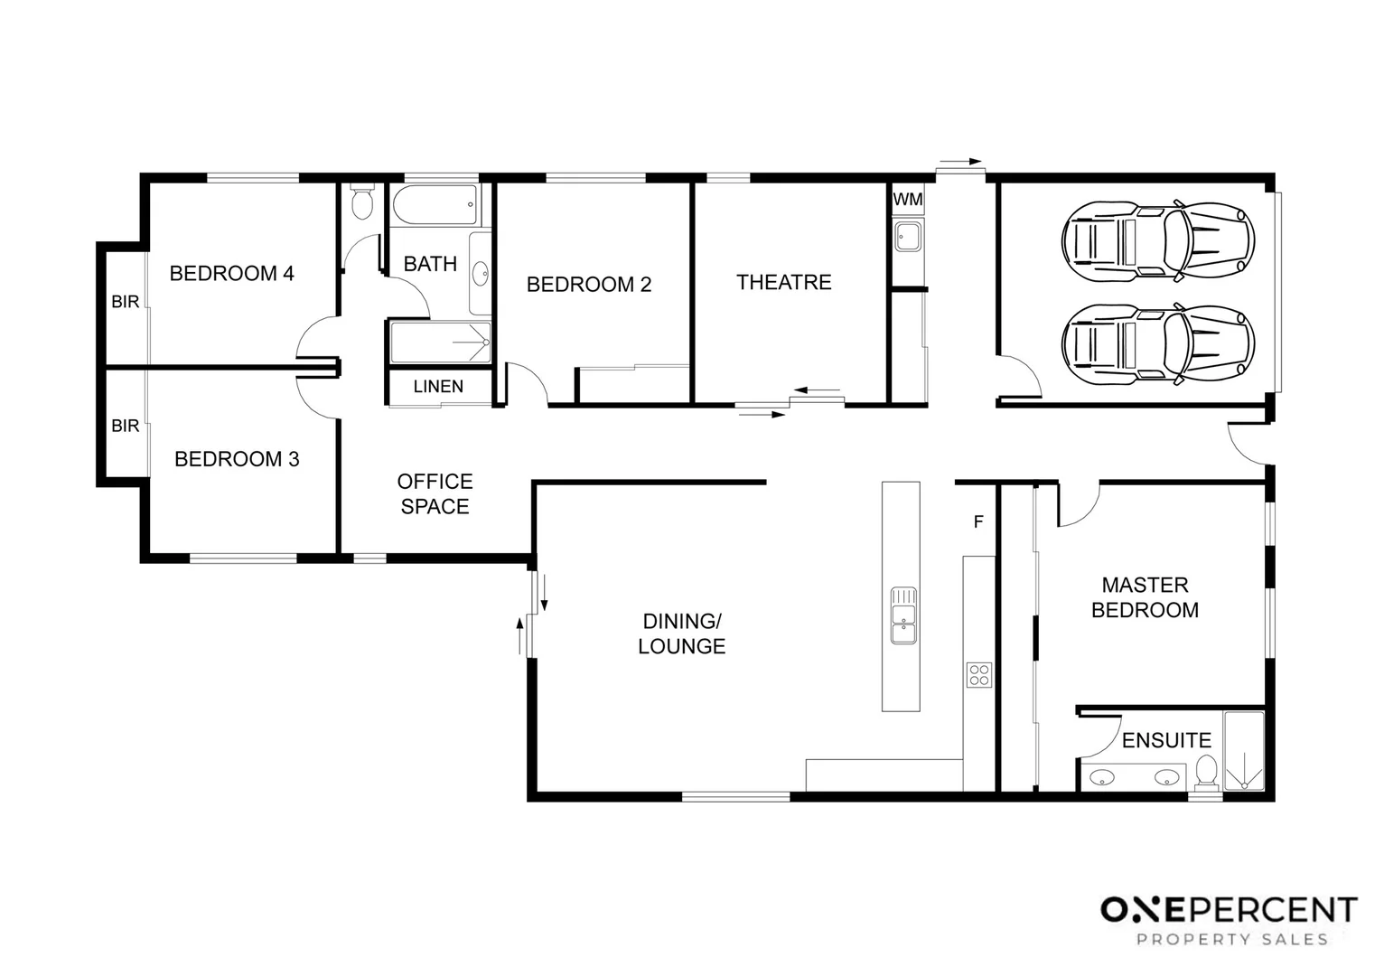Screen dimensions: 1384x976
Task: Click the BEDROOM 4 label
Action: tap(231, 273)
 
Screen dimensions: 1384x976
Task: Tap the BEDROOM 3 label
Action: tap(237, 459)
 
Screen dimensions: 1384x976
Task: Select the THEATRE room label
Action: tap(783, 282)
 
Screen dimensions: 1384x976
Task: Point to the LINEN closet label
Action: tap(438, 386)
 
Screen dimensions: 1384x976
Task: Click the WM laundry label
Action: tap(908, 199)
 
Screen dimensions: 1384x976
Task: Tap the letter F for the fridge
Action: tap(978, 521)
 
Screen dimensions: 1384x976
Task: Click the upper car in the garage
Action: tap(1158, 240)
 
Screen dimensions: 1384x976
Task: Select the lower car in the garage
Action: tap(1158, 343)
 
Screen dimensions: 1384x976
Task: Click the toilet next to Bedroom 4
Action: tap(361, 202)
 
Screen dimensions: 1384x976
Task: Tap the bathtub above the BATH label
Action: tap(435, 204)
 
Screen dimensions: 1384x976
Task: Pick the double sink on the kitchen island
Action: tap(903, 615)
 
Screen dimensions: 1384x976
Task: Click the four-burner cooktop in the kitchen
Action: tap(978, 674)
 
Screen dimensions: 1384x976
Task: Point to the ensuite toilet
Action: tap(1206, 773)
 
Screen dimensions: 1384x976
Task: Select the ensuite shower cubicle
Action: tap(1244, 751)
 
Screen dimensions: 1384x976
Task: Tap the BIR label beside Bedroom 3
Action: tap(125, 426)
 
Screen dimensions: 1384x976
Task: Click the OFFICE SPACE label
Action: tap(435, 493)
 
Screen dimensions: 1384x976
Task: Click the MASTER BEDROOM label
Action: tap(1145, 597)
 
